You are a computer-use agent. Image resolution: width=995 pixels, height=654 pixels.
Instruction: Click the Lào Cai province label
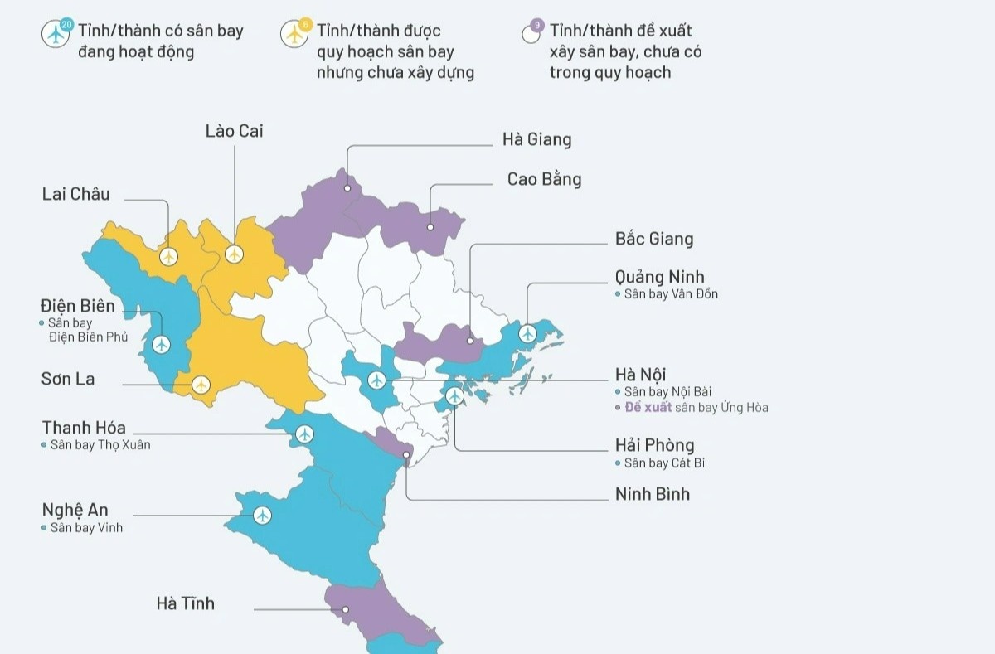tap(234, 131)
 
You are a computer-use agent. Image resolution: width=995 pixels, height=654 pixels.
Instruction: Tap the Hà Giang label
tap(536, 139)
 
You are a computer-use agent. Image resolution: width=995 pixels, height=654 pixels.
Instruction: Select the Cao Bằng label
tap(544, 179)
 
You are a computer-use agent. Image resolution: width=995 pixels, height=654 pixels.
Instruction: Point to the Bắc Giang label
tap(653, 239)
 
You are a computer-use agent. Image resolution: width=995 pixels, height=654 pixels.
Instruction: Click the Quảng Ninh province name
tap(659, 277)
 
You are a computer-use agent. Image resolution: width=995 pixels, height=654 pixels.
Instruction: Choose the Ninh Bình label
tap(652, 495)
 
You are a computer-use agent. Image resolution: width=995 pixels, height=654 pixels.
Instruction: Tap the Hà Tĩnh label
tap(185, 603)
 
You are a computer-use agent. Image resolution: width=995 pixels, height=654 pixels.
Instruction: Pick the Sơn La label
tap(68, 379)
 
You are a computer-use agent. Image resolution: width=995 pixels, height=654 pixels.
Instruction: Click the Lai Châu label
tap(75, 194)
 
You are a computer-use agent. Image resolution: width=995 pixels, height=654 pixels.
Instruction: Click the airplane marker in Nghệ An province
tap(263, 516)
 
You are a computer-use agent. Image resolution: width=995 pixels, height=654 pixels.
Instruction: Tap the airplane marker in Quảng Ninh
tap(527, 333)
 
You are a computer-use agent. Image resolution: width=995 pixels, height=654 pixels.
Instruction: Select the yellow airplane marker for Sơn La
tap(201, 385)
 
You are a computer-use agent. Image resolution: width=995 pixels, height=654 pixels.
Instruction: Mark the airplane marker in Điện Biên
tap(161, 343)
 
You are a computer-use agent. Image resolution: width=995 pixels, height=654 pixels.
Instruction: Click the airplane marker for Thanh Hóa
tap(305, 434)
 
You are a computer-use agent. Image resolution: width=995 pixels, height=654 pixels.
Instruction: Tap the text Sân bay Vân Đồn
tap(671, 294)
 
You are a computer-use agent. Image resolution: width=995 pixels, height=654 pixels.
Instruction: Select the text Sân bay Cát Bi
tap(664, 463)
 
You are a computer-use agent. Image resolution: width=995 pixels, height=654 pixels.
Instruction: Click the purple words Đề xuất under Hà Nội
tap(648, 408)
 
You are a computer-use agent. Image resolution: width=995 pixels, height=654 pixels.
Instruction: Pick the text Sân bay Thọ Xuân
tap(100, 445)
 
